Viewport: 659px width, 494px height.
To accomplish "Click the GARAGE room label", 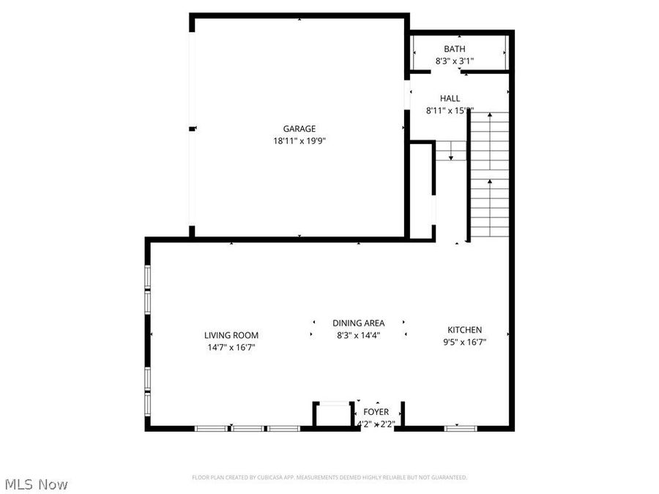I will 299,129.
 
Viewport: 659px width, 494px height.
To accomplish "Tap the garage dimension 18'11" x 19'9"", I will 299,141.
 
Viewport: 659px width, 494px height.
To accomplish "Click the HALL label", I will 450,98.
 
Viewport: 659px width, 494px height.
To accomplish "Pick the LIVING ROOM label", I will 231,335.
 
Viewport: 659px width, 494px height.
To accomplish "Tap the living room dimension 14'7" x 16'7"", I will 231,348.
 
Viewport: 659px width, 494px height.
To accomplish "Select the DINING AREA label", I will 358,323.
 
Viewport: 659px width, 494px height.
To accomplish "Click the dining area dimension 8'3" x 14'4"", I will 358,335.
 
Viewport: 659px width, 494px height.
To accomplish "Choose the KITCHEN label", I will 465,330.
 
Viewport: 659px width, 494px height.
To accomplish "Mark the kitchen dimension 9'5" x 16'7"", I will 465,342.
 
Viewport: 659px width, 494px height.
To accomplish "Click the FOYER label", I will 376,412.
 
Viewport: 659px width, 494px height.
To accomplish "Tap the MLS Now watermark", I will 37,484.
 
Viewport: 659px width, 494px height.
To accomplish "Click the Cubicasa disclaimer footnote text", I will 329,477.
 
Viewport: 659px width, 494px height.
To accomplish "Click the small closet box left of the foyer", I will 333,415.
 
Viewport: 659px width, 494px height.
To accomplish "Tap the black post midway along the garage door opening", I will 193,129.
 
